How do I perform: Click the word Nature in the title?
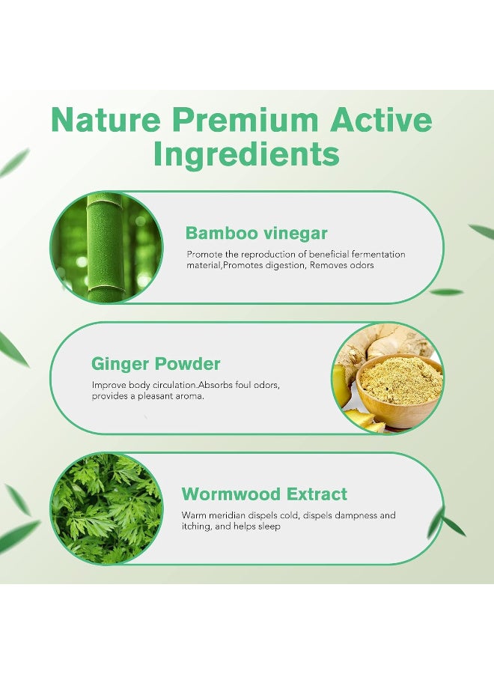click(x=106, y=120)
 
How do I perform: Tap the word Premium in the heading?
click(x=246, y=120)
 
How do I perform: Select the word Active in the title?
click(x=381, y=120)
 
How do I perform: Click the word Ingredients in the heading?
click(x=246, y=155)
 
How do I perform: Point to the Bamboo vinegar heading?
click(x=257, y=234)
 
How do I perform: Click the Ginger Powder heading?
click(x=156, y=364)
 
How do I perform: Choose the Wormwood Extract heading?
click(x=264, y=494)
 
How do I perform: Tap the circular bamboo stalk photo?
click(x=106, y=248)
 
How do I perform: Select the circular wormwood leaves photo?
click(x=106, y=508)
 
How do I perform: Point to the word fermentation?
click(x=379, y=255)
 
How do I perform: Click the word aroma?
click(x=191, y=396)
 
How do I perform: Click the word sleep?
click(x=269, y=526)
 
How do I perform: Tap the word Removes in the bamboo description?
click(x=328, y=266)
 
